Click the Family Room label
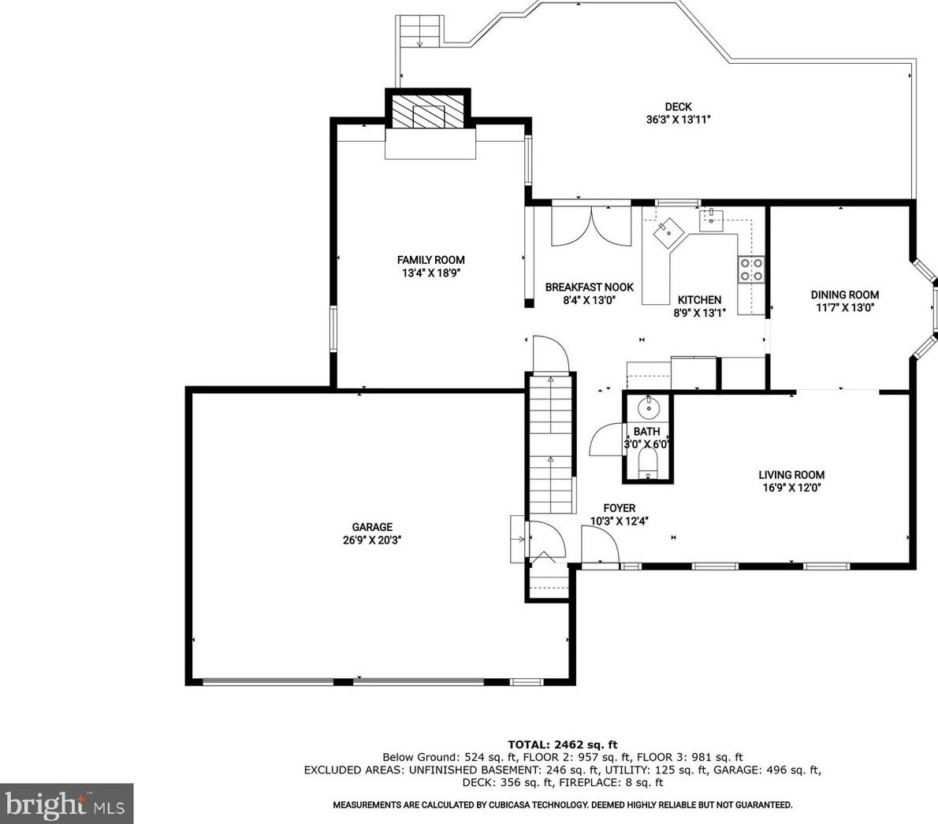coord(430,260)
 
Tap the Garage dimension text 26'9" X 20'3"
coord(372,540)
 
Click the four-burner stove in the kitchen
coord(751,269)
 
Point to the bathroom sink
coord(648,408)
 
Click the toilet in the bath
coord(648,464)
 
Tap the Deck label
coord(679,107)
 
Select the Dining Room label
coord(845,295)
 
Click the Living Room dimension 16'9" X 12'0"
coord(791,488)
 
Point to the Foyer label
coord(619,508)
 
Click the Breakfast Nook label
coord(590,288)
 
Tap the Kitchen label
coord(699,300)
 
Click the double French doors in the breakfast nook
coord(591,226)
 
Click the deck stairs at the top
coord(420,31)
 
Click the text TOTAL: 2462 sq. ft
coord(562,744)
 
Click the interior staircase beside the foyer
coord(551,444)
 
